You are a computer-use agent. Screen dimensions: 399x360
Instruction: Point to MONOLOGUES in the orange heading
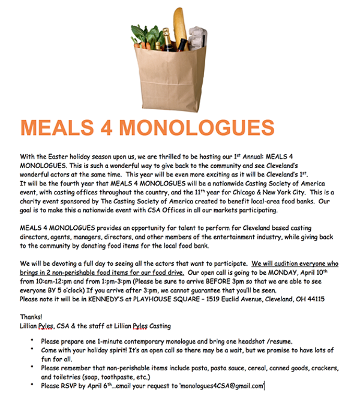[197, 128]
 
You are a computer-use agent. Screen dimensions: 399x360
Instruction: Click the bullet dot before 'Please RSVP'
[32, 386]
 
